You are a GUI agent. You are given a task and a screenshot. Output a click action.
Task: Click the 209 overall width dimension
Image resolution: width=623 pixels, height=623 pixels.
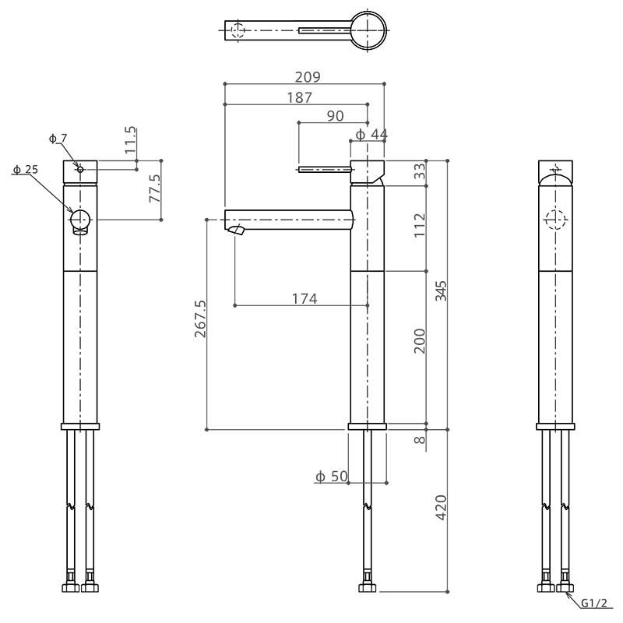click(x=307, y=76)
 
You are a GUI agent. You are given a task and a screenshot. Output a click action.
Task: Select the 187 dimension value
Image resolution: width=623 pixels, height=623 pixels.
click(x=299, y=97)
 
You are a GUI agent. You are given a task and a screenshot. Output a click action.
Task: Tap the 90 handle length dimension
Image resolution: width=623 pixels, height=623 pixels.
click(x=335, y=115)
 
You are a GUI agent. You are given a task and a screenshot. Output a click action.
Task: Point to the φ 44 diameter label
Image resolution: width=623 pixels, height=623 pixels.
click(x=371, y=134)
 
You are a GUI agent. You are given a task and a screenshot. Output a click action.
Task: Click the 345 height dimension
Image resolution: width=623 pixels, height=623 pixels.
click(x=441, y=290)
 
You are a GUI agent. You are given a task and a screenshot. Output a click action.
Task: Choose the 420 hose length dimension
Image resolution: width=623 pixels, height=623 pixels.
click(x=441, y=508)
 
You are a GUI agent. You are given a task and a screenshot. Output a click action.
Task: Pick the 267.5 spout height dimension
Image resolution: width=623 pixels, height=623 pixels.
click(x=200, y=319)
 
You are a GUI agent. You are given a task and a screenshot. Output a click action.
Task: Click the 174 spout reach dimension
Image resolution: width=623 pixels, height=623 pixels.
click(x=304, y=298)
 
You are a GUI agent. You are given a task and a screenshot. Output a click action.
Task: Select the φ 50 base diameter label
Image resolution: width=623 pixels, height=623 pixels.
click(x=332, y=476)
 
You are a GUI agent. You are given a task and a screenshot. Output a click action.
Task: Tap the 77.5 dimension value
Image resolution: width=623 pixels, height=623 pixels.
click(x=154, y=188)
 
